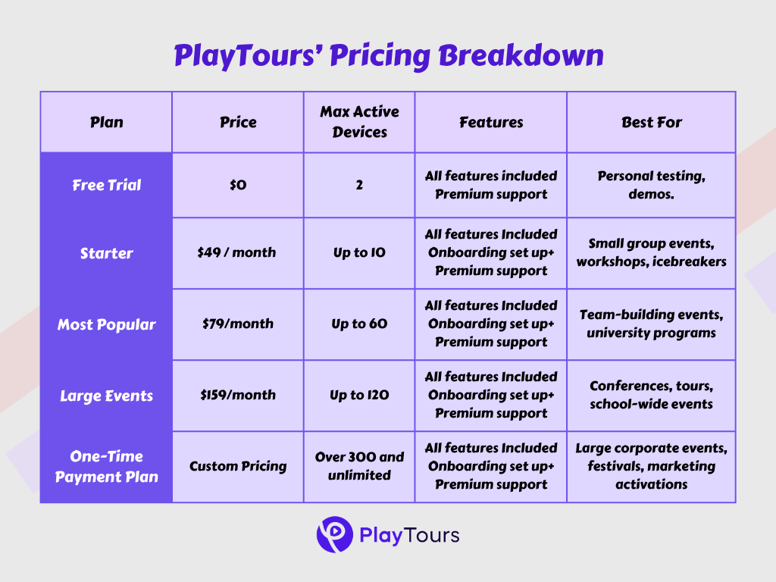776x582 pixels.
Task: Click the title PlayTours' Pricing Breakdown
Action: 388,56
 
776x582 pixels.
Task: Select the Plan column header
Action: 106,122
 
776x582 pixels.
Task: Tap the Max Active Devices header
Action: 359,122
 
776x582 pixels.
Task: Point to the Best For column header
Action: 651,122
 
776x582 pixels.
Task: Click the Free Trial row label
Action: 106,185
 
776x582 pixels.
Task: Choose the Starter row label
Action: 106,253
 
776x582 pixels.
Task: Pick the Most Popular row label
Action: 106,324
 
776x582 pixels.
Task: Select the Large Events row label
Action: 106,396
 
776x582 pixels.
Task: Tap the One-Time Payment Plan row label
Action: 106,467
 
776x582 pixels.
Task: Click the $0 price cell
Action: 238,185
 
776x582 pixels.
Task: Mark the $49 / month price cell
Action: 238,253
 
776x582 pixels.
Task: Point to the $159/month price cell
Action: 238,396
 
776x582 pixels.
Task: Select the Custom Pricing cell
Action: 238,467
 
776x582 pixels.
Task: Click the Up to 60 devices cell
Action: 359,324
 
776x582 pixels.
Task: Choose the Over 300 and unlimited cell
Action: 359,467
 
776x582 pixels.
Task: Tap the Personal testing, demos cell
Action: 651,185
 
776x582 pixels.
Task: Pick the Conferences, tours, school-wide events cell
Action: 651,396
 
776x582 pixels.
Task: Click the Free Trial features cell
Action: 491,185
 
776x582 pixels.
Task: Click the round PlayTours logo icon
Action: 334,535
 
